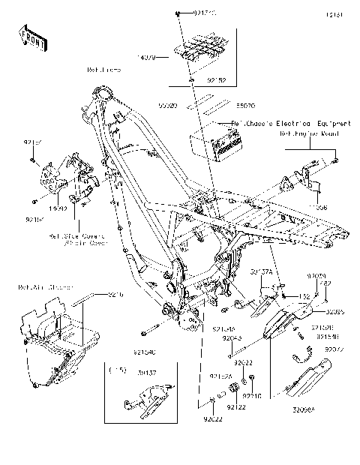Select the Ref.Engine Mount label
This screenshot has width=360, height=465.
tap(310, 133)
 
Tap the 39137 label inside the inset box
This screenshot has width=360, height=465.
tap(147, 372)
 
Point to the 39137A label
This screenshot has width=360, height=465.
tap(260, 274)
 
